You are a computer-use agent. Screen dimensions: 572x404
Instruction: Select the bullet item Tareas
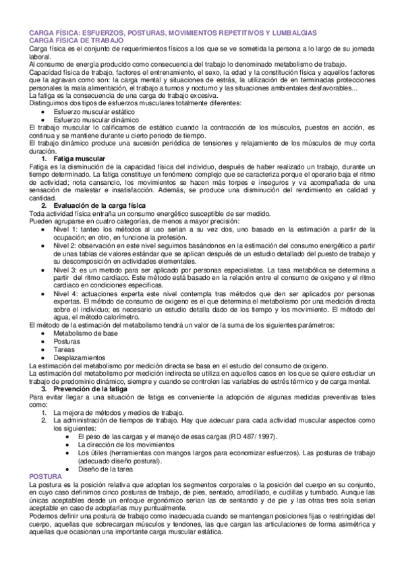[x=64, y=349]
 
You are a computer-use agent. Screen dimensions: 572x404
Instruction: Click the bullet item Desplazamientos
[x=78, y=357]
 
